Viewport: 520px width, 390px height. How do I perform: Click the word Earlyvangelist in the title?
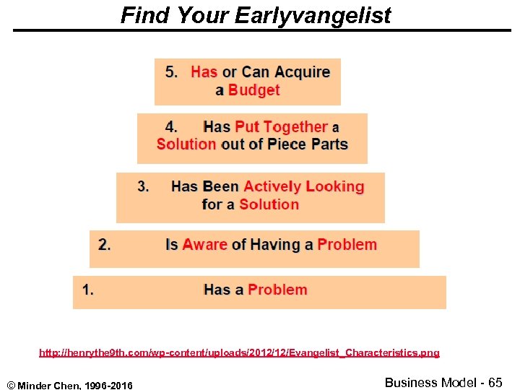313,15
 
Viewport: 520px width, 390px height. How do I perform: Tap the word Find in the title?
142,15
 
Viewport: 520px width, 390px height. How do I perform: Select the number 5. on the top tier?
173,71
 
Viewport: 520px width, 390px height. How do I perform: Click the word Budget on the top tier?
253,90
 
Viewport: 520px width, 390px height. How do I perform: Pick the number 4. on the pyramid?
172,126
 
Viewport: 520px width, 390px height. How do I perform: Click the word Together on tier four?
296,126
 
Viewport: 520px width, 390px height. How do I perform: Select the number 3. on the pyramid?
144,186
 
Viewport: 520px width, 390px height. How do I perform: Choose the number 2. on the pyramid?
105,244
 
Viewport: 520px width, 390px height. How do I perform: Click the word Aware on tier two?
204,244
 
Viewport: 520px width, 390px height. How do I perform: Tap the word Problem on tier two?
347,244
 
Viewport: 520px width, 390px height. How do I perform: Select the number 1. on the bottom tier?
88,290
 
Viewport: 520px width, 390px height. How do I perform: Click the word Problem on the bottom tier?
277,290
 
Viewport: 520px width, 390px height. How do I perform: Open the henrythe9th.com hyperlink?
239,353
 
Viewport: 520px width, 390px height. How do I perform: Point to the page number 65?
495,382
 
